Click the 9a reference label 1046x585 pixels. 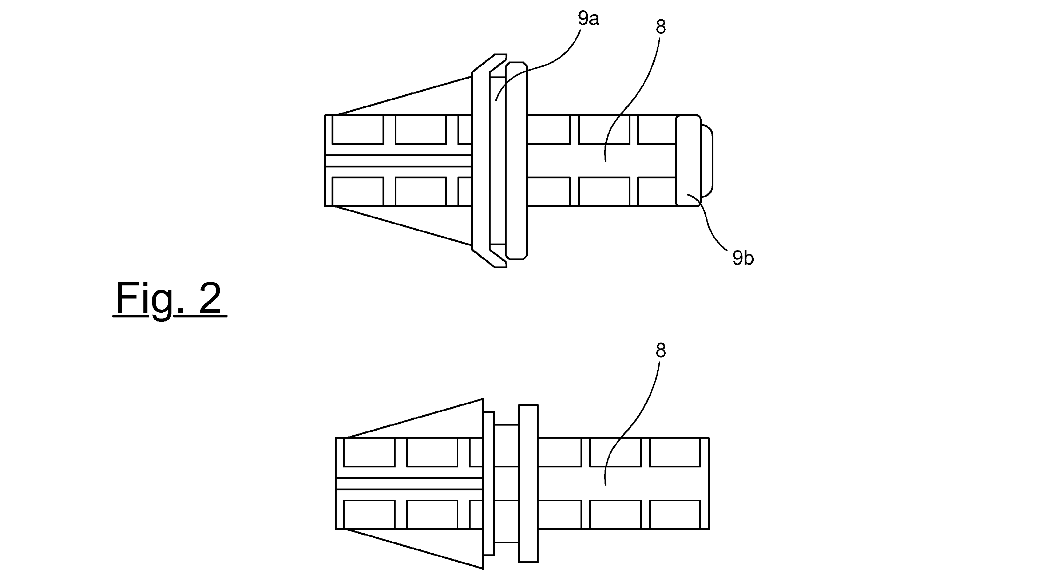[589, 19]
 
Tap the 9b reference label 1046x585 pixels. [743, 258]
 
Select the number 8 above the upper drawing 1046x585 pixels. [661, 27]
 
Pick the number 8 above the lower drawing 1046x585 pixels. [661, 350]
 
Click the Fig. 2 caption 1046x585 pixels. [169, 298]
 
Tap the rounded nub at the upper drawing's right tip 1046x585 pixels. [707, 161]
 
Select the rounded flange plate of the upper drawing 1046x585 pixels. [516, 161]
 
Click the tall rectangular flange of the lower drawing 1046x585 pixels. [528, 483]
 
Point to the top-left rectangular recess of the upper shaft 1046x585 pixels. [358, 130]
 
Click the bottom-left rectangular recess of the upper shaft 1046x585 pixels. [358, 192]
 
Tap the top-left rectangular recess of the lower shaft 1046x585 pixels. [369, 452]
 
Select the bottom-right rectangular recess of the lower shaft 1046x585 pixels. [675, 515]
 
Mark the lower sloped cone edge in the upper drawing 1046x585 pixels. [404, 226]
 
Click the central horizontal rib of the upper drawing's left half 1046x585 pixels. [398, 161]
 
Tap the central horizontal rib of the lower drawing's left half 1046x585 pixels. [410, 483]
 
